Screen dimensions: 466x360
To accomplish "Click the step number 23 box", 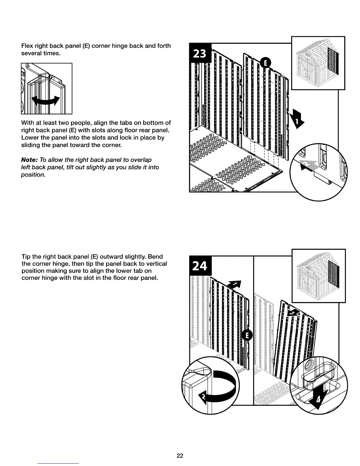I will pyautogui.click(x=200, y=54).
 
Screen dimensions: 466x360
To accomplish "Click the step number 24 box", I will pyautogui.click(x=200, y=266).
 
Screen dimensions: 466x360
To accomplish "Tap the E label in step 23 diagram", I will pyautogui.click(x=266, y=63).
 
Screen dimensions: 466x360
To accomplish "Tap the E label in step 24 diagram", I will pyautogui.click(x=247, y=335).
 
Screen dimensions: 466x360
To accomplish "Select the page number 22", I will pyautogui.click(x=180, y=456).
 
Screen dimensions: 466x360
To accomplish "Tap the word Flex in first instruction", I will pyautogui.click(x=27, y=46).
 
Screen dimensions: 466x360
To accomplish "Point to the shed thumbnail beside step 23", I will pyautogui.click(x=318, y=63).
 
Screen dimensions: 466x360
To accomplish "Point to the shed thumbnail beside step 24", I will pyautogui.click(x=319, y=276).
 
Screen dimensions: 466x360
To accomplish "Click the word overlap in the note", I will pyautogui.click(x=141, y=160).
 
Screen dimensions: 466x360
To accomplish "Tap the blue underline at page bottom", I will pyautogui.click(x=58, y=463).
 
